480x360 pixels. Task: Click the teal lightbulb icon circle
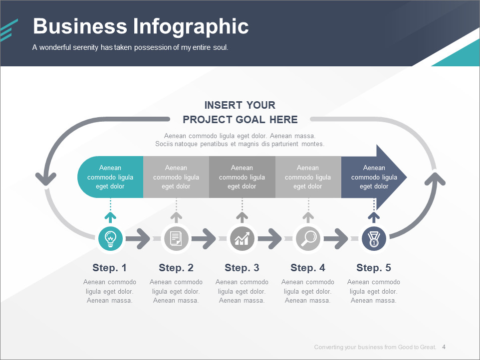pos(110,238)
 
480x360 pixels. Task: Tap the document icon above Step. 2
pos(176,238)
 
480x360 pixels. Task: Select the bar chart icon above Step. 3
pos(242,238)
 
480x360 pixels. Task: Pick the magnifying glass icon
pos(308,238)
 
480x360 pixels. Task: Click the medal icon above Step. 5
pos(374,238)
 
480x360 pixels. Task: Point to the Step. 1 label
pos(110,268)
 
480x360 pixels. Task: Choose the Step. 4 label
pos(308,268)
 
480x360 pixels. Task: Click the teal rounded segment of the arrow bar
pos(110,177)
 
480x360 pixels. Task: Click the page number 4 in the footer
pos(444,347)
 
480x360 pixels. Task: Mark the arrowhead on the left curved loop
pos(45,177)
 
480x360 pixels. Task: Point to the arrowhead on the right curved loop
pos(437,179)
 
